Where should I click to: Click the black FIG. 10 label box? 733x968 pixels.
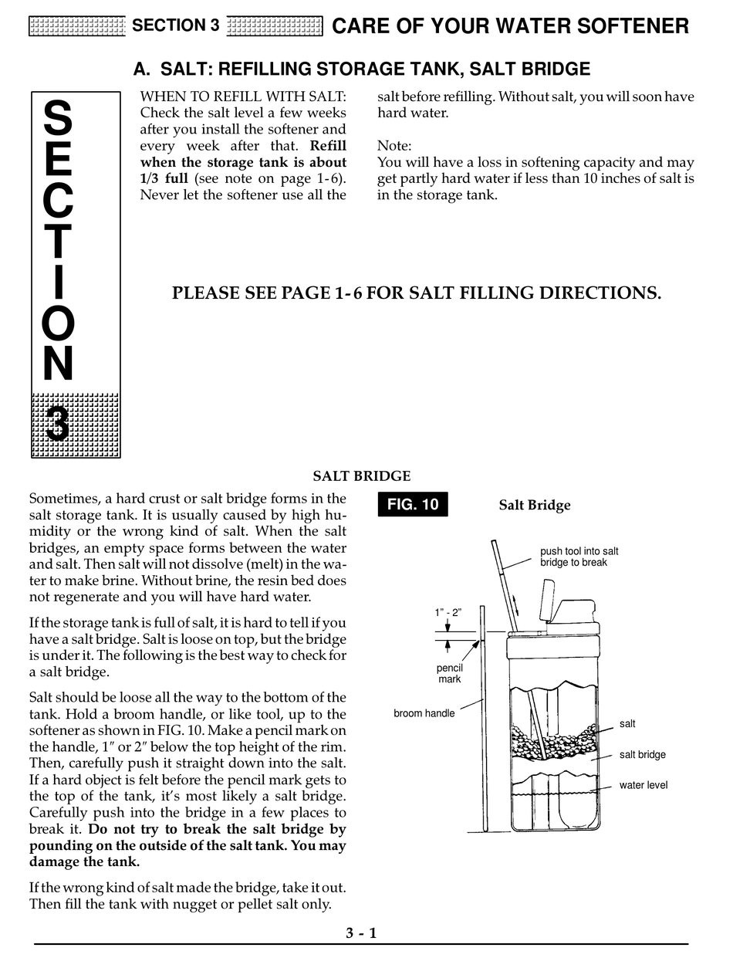click(x=413, y=505)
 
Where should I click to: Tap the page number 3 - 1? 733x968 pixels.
click(x=361, y=932)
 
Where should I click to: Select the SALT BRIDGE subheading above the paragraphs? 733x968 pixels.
click(x=361, y=476)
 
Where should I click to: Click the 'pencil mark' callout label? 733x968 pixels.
click(x=449, y=673)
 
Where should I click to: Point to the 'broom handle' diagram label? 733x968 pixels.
click(x=424, y=713)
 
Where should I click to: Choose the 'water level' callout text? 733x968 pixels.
click(x=643, y=785)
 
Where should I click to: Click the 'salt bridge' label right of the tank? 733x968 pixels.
click(x=642, y=754)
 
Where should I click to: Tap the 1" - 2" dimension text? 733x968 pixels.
click(x=448, y=612)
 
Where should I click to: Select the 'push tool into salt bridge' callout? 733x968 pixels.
click(x=579, y=557)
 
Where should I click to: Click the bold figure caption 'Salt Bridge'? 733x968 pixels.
click(x=534, y=506)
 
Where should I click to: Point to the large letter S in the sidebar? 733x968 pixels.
click(x=58, y=120)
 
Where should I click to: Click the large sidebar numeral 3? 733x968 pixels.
click(x=58, y=423)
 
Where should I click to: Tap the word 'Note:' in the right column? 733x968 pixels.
click(x=394, y=146)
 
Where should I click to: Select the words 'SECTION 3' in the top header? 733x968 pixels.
click(x=175, y=25)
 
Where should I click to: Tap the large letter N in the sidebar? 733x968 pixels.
click(x=58, y=364)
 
